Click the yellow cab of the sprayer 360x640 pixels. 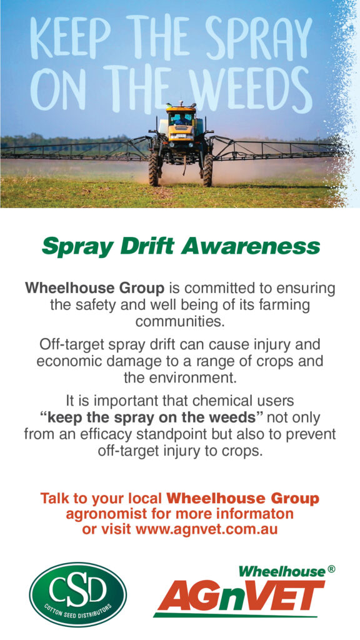(x=181, y=122)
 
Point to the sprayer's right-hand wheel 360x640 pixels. (x=207, y=170)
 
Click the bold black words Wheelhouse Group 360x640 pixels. (x=95, y=289)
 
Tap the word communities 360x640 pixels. (x=180, y=322)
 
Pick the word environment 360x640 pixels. (x=191, y=378)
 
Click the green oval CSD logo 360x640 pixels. (x=77, y=594)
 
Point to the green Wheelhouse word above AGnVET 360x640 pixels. (x=281, y=571)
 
